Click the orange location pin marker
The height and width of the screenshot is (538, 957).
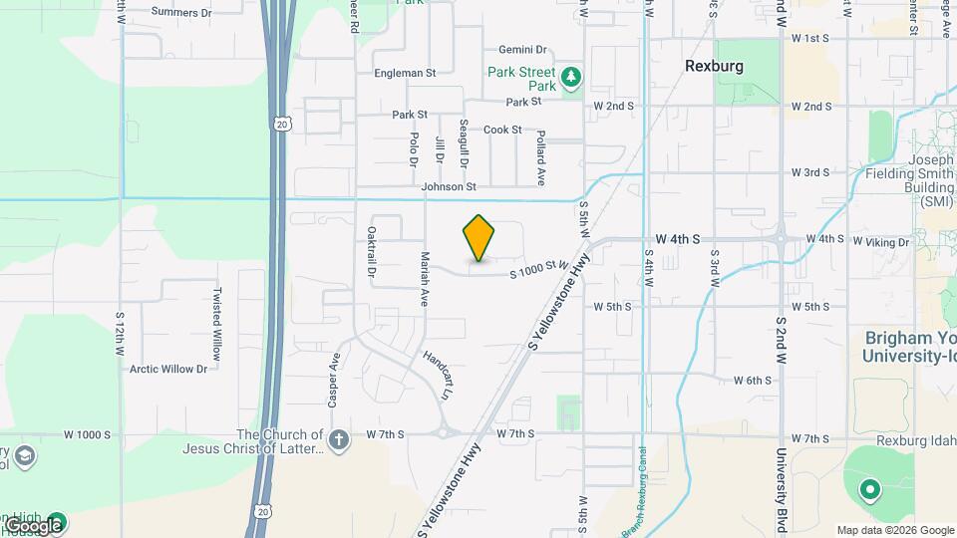coord(479,238)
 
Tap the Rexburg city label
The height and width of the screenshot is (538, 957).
coord(715,65)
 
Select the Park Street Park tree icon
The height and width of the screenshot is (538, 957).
coord(571,77)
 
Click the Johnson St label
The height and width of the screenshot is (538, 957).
coord(449,186)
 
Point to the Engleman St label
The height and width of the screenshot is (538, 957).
coord(405,73)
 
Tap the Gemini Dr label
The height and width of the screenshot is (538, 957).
coord(522,50)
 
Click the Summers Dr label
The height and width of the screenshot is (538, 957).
coord(181,13)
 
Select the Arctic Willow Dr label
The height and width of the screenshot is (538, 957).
coord(168,369)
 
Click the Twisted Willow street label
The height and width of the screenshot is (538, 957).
coord(216,324)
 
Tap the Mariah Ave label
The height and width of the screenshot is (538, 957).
coord(424,278)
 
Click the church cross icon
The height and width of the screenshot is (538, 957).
coord(339,438)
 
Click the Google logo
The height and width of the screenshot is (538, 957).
coord(32,525)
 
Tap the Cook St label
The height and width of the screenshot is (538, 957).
coord(502,130)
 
